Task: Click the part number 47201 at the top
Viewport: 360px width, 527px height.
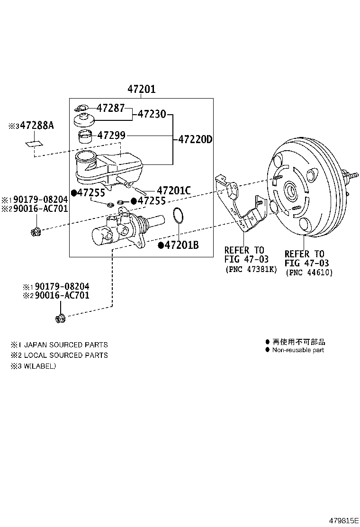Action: pos(141,89)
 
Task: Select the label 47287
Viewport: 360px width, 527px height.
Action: pos(110,108)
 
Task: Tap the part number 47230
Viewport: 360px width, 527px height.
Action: pos(152,114)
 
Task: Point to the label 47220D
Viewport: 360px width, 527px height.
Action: pos(195,140)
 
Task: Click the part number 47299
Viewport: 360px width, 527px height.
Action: pos(111,136)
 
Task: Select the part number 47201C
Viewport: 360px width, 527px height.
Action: pos(173,191)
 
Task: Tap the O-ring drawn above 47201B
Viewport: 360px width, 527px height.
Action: pos(178,216)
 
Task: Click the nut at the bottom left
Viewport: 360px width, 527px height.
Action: pos(60,318)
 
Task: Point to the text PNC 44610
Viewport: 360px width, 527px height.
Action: pos(309,273)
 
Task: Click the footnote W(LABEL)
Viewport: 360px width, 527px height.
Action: pos(40,366)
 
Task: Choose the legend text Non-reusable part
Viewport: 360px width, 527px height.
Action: pos(298,350)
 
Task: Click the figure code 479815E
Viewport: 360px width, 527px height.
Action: pos(341,520)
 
